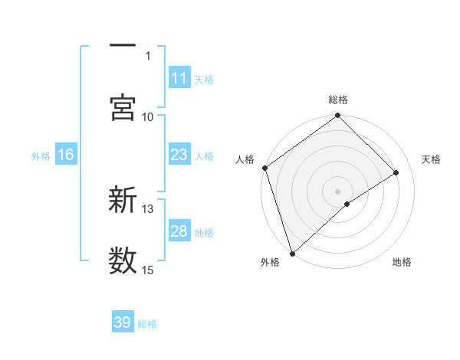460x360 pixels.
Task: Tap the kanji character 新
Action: (x=123, y=201)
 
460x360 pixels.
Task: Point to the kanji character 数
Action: (x=123, y=261)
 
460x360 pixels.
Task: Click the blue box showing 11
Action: (x=179, y=78)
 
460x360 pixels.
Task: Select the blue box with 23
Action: (x=179, y=155)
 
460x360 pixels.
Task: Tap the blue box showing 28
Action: (x=179, y=231)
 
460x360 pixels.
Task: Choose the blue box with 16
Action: (x=66, y=155)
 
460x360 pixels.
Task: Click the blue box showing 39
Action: (x=123, y=322)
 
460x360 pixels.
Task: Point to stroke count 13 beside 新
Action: (x=148, y=208)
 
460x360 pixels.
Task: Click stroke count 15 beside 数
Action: (x=148, y=270)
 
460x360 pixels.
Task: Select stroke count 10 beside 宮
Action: (x=148, y=116)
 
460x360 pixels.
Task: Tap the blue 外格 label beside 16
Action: (x=41, y=155)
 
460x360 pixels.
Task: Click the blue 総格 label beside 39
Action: (x=147, y=323)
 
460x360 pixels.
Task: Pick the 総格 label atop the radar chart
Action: (x=338, y=100)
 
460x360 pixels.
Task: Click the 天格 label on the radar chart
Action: (x=432, y=159)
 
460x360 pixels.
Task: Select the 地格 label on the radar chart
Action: (x=402, y=262)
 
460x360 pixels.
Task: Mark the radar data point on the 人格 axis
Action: (x=265, y=168)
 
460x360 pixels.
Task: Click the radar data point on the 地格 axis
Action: (x=347, y=204)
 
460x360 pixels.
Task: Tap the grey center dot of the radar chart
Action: (x=338, y=191)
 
